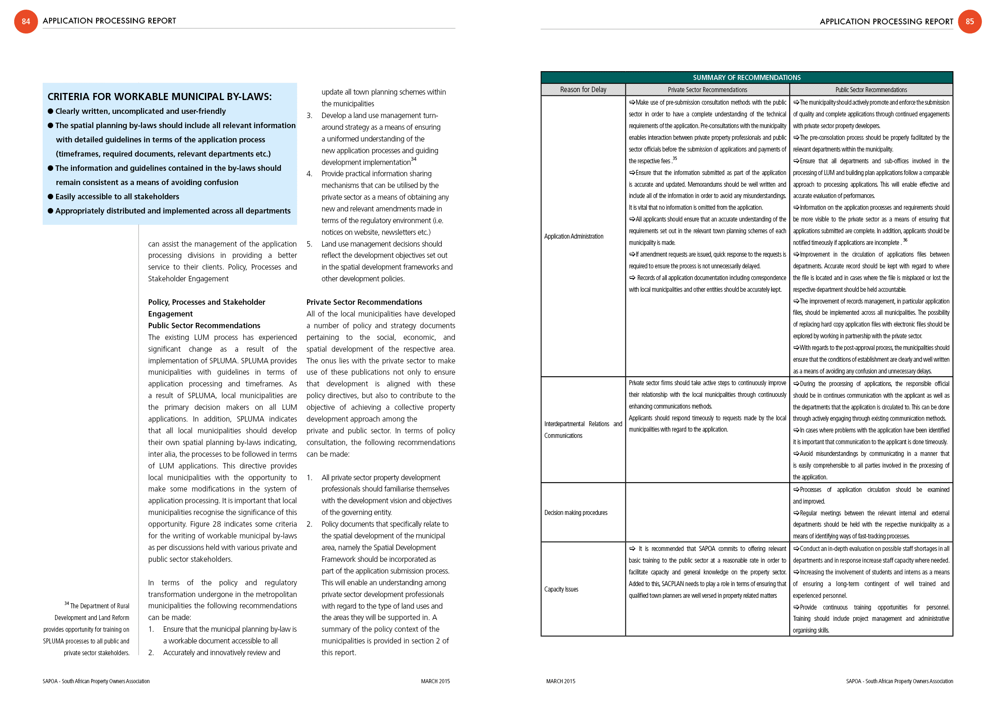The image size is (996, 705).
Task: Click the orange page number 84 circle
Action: (x=26, y=21)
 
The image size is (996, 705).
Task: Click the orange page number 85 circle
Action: (x=970, y=21)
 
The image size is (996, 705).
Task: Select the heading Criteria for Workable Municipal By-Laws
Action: (x=159, y=96)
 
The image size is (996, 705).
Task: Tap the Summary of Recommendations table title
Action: (x=746, y=77)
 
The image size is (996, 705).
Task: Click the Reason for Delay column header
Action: (x=583, y=90)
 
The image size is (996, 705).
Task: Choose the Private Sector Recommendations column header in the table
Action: (x=707, y=90)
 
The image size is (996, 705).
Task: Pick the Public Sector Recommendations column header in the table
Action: (x=871, y=90)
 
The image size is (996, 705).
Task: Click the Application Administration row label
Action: (x=574, y=236)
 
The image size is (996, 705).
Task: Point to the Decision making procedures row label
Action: (x=576, y=513)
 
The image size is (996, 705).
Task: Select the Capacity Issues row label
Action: (x=561, y=589)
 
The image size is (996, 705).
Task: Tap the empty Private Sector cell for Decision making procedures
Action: (x=707, y=512)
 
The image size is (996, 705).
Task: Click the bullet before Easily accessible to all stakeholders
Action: (x=50, y=197)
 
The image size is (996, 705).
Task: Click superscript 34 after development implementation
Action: (x=413, y=159)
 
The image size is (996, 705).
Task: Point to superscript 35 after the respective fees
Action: (x=675, y=158)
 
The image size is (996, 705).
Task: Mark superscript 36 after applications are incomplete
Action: (x=905, y=240)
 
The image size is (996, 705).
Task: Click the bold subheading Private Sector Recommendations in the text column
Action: (x=364, y=302)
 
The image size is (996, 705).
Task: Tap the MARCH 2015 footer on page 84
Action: (x=435, y=681)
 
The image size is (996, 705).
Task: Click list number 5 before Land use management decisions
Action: (x=309, y=244)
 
